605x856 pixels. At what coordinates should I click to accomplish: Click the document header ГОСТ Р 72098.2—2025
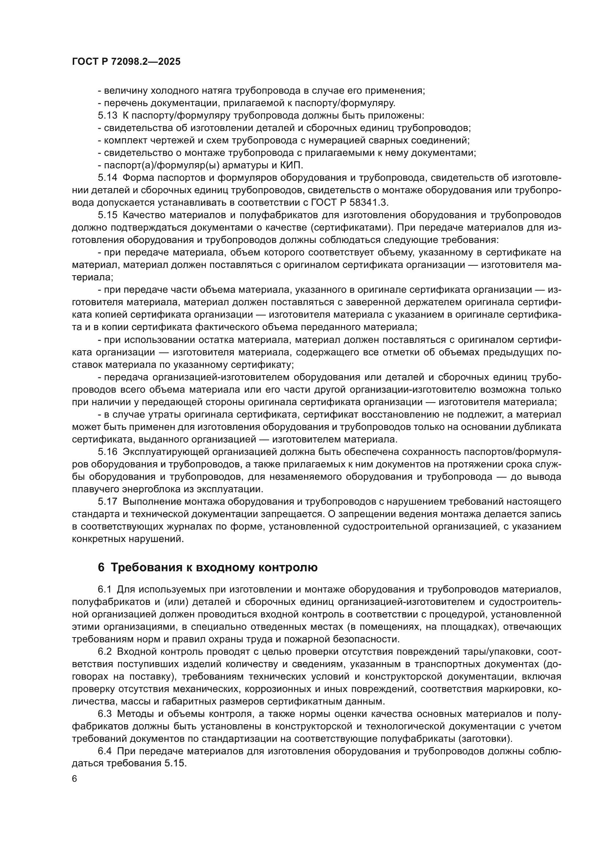pyautogui.click(x=126, y=62)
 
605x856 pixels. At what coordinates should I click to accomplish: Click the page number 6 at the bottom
pyautogui.click(x=75, y=779)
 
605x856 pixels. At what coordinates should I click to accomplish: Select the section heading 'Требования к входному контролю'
pyautogui.click(x=214, y=567)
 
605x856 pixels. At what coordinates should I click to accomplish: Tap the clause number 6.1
pyautogui.click(x=105, y=589)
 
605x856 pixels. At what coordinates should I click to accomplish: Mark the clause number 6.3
pyautogui.click(x=105, y=714)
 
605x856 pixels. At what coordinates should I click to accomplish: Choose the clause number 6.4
pyautogui.click(x=105, y=751)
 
